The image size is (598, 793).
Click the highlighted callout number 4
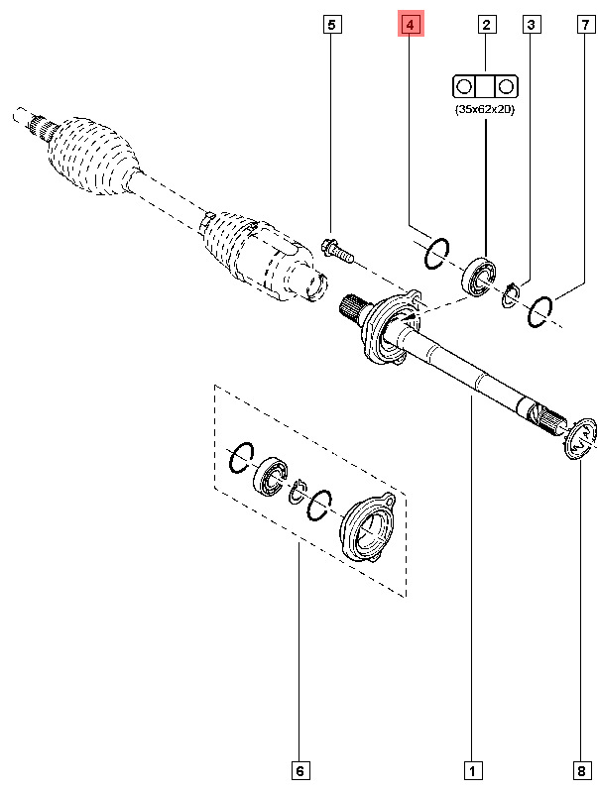pyautogui.click(x=411, y=24)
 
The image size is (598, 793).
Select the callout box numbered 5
pyautogui.click(x=332, y=24)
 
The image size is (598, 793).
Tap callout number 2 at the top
pyautogui.click(x=486, y=24)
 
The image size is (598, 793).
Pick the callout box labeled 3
pyautogui.click(x=531, y=24)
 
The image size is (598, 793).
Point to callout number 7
pyautogui.click(x=585, y=24)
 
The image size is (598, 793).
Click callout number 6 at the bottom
pyautogui.click(x=299, y=771)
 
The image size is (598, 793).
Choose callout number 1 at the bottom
pyautogui.click(x=472, y=771)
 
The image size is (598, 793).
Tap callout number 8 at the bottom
pyautogui.click(x=580, y=771)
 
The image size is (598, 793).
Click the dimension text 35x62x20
pyautogui.click(x=485, y=109)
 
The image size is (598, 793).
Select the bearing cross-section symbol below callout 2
pyautogui.click(x=485, y=86)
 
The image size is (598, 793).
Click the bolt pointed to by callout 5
pyautogui.click(x=337, y=252)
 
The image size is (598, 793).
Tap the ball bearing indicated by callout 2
pyautogui.click(x=478, y=277)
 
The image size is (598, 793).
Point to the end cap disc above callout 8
pyautogui.click(x=580, y=438)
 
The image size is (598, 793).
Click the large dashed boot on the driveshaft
pyautogui.click(x=91, y=156)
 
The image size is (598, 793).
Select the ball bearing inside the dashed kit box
pyautogui.click(x=270, y=476)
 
